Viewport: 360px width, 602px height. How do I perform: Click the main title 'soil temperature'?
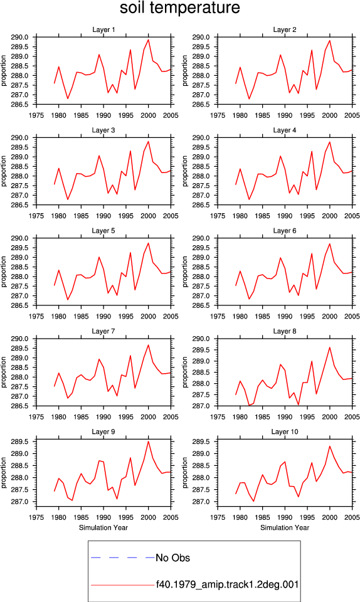coord(179,8)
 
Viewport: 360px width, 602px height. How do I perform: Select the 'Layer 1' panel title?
coord(103,29)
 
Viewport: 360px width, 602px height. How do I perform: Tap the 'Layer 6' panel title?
coord(284,231)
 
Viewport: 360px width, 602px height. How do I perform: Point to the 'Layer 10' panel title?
coord(284,432)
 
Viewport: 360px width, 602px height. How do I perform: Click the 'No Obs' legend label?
coord(172,558)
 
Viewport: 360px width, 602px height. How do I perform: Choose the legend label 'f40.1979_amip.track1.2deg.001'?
coord(227,584)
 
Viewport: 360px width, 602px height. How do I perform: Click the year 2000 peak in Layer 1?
coord(149,40)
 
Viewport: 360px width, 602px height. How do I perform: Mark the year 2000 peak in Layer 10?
coord(330,446)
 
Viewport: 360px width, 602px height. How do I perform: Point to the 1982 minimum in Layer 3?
coord(68,199)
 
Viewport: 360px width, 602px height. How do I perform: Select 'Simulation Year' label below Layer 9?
coord(103,527)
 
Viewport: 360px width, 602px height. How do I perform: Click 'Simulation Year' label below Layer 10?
coord(285,527)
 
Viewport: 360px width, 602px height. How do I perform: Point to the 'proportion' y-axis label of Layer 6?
coord(185,272)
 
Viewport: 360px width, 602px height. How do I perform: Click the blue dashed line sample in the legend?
coord(123,557)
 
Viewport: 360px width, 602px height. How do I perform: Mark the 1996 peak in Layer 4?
coord(312,151)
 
